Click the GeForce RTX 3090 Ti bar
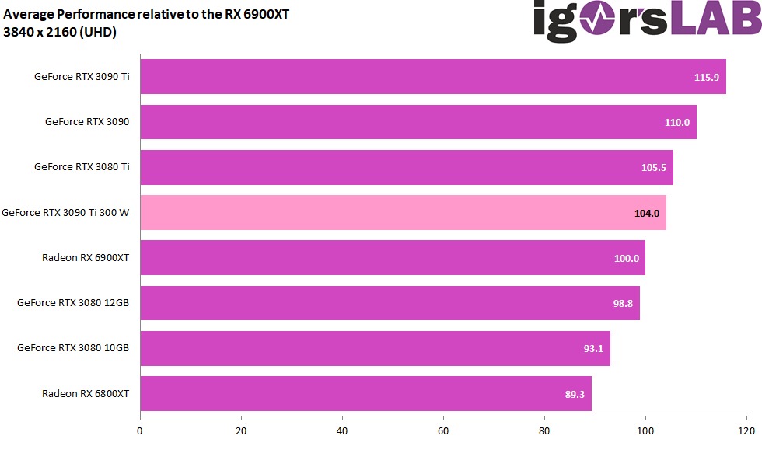(432, 77)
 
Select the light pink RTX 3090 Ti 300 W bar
(403, 213)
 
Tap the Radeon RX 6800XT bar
(365, 394)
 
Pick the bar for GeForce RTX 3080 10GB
(375, 349)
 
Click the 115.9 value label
(707, 78)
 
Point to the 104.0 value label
(647, 213)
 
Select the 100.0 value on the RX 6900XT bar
(627, 259)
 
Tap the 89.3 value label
(575, 394)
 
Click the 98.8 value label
(623, 304)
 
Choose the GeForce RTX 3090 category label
(87, 122)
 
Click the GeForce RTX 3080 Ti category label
(82, 167)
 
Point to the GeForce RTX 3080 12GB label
(73, 303)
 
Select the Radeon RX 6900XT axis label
(86, 258)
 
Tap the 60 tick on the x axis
(443, 430)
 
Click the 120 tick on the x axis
(746, 430)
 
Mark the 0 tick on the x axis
(140, 430)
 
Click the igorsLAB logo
(645, 21)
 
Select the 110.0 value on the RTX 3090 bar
(676, 123)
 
